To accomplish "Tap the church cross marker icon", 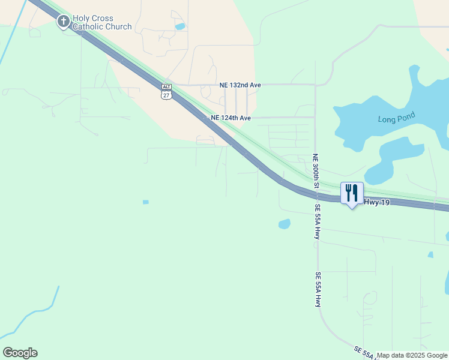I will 63,22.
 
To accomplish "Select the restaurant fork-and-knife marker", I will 352,193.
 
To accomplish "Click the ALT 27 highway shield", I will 166,92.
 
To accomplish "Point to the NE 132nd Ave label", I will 240,85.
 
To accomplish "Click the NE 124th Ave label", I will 231,118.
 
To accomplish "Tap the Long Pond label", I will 396,118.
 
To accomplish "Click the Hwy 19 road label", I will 376,203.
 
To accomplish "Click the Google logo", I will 20,352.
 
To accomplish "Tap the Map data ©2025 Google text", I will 411,355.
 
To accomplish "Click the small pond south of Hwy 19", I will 285,224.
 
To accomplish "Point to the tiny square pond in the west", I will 145,202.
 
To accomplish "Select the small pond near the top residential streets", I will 179,26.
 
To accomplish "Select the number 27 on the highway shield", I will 166,95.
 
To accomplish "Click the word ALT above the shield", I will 166,87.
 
